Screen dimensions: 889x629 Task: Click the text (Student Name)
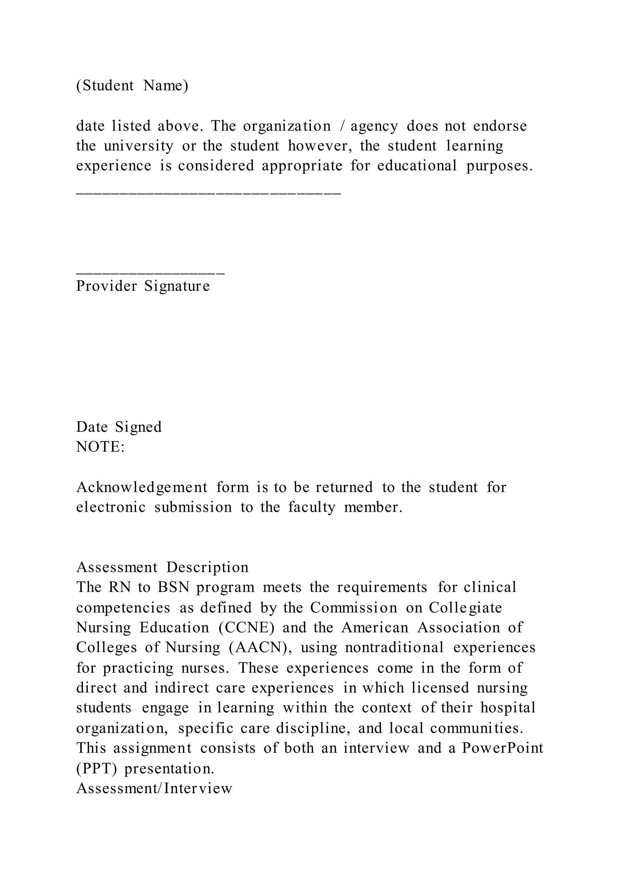(x=132, y=86)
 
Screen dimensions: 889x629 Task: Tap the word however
(x=319, y=146)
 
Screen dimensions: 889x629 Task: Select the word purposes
(x=499, y=166)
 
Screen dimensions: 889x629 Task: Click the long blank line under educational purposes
(x=208, y=192)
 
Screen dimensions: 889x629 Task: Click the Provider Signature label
(x=143, y=286)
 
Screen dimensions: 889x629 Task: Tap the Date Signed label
(x=119, y=427)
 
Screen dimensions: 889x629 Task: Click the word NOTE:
(x=101, y=447)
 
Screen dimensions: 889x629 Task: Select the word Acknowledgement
(x=142, y=487)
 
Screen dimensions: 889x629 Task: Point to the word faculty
(x=311, y=507)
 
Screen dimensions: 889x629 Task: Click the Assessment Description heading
(x=162, y=567)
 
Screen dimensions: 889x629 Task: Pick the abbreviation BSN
(x=174, y=587)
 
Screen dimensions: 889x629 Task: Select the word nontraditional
(x=394, y=647)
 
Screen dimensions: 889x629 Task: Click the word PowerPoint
(x=502, y=748)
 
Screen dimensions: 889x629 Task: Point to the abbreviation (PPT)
(x=96, y=768)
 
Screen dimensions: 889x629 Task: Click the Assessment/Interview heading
(x=154, y=788)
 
